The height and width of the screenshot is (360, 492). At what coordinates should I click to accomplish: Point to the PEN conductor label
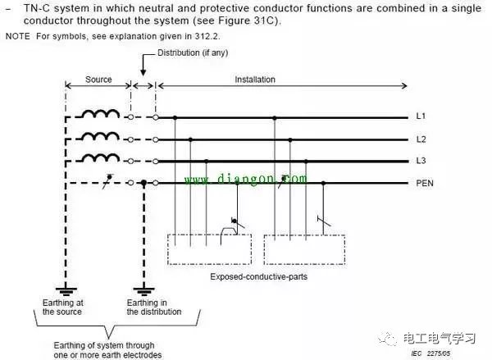click(425, 182)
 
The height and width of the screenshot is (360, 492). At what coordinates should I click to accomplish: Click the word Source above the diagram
click(98, 80)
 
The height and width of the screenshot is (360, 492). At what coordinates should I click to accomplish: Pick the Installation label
click(255, 80)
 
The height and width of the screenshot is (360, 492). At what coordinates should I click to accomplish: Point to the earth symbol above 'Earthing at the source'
click(66, 288)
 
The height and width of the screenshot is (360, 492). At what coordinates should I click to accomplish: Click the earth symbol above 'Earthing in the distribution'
click(144, 288)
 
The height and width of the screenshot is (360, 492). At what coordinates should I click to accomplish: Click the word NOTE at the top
click(16, 38)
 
